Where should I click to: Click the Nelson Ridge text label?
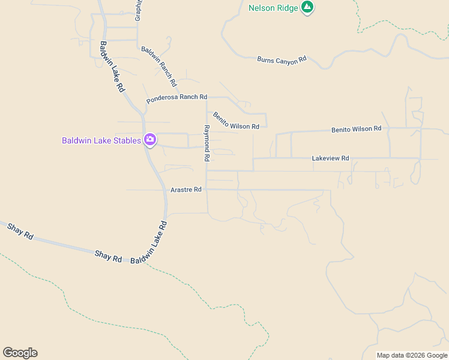(x=273, y=8)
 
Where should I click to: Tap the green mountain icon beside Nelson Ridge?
(x=307, y=7)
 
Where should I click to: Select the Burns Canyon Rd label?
(x=282, y=59)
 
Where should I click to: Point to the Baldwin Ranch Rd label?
(x=158, y=65)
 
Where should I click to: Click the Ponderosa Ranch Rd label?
(x=176, y=97)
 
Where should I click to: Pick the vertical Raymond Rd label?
(x=206, y=143)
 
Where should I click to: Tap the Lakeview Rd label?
(x=330, y=158)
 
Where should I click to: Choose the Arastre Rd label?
(x=186, y=190)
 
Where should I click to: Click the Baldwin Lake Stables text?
(x=101, y=141)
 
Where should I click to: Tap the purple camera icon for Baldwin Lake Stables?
(x=149, y=140)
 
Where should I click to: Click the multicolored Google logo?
(x=20, y=352)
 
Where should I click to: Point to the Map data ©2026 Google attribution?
(x=412, y=355)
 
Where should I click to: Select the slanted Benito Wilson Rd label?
(x=236, y=120)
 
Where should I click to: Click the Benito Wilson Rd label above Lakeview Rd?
(x=357, y=129)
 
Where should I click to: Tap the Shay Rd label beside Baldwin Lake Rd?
(x=108, y=256)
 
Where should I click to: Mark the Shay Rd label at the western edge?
(x=20, y=231)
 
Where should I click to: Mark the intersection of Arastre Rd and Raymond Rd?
(x=206, y=190)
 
